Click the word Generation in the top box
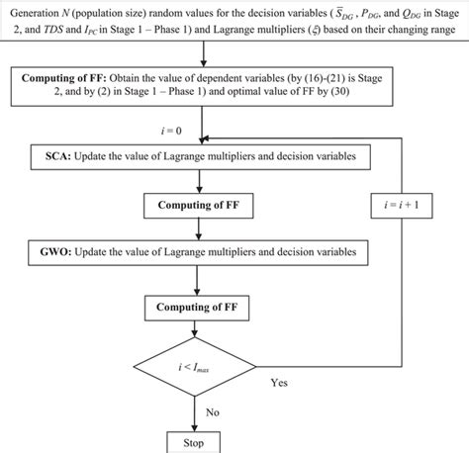[x=37, y=14]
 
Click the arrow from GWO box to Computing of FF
[x=203, y=280]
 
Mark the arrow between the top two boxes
[x=203, y=60]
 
